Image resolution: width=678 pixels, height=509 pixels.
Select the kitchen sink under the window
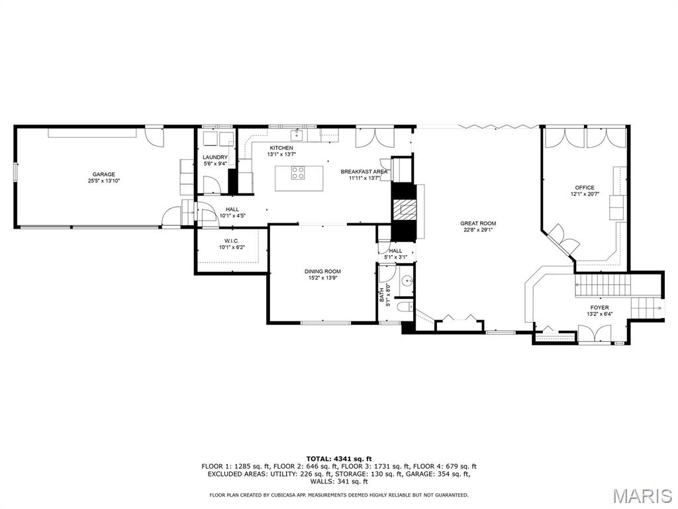[298, 135]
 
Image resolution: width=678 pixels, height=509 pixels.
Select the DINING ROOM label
[322, 271]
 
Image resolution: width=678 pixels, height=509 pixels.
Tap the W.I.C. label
[231, 241]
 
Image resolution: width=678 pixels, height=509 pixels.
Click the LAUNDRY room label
[215, 157]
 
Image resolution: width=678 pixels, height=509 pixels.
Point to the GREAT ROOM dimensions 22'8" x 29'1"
[478, 231]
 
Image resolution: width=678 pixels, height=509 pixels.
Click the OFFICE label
[585, 188]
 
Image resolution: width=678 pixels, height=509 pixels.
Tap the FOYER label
[599, 308]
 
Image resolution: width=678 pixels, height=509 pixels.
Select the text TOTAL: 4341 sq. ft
[339, 459]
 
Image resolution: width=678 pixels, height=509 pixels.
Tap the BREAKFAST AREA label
[364, 172]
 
